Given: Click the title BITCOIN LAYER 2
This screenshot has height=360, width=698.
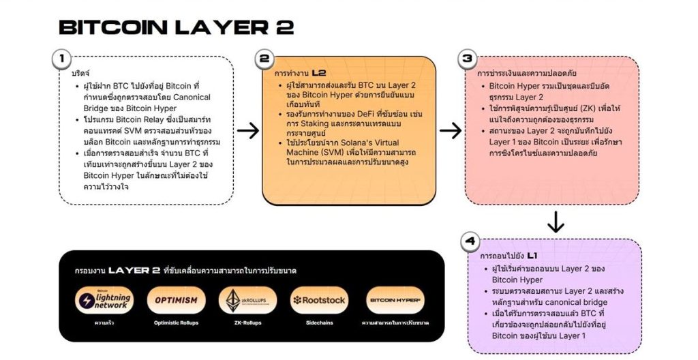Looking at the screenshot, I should (176, 27).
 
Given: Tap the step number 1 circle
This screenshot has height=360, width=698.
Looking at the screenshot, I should (61, 59).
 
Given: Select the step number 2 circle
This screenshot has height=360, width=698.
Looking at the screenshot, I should (264, 59).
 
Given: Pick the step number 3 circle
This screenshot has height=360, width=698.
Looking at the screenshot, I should (467, 59).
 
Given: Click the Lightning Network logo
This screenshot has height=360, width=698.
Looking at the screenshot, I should (104, 300).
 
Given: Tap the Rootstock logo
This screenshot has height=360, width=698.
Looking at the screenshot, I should (318, 300).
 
